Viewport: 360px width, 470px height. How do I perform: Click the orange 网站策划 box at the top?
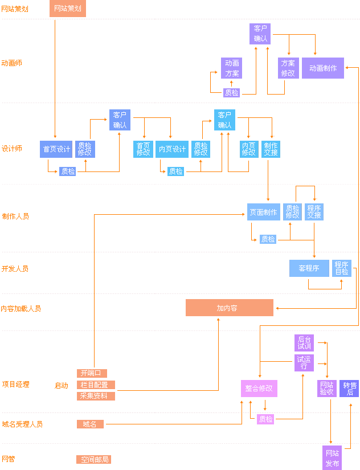tap(68, 9)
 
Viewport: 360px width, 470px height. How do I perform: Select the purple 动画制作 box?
tap(322, 68)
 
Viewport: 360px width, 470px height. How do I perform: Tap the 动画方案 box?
tap(232, 68)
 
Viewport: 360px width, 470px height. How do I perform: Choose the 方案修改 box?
tap(288, 68)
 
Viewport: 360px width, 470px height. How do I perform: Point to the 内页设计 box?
tap(172, 149)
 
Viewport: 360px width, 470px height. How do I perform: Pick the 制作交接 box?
tap(271, 149)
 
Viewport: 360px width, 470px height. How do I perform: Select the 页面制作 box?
tap(264, 212)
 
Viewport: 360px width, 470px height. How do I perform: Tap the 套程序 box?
tap(309, 268)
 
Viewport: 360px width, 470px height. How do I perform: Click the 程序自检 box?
tap(342, 268)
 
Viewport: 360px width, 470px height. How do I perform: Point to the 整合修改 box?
tap(259, 388)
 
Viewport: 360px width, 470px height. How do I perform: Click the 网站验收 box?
tap(326, 388)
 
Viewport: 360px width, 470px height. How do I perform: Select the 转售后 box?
tap(349, 388)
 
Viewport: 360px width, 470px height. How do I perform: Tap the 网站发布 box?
tap(332, 458)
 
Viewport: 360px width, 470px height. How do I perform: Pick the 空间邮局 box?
tap(94, 459)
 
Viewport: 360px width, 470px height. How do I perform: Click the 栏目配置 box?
tap(95, 385)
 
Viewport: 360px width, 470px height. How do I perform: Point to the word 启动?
tap(62, 385)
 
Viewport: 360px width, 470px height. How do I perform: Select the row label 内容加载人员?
tap(21, 308)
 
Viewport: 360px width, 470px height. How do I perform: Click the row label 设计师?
tap(12, 149)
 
